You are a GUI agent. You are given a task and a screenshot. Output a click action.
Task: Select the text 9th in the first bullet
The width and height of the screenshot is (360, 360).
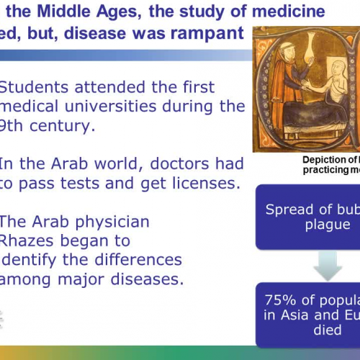15,126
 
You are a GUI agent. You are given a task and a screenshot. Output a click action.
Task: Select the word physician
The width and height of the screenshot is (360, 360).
102,221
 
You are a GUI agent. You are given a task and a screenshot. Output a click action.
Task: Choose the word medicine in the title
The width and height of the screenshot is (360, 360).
284,12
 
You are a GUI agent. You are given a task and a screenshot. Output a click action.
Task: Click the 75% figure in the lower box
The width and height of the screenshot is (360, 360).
282,298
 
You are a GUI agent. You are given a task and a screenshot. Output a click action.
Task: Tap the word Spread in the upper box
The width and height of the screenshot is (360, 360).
287,210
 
